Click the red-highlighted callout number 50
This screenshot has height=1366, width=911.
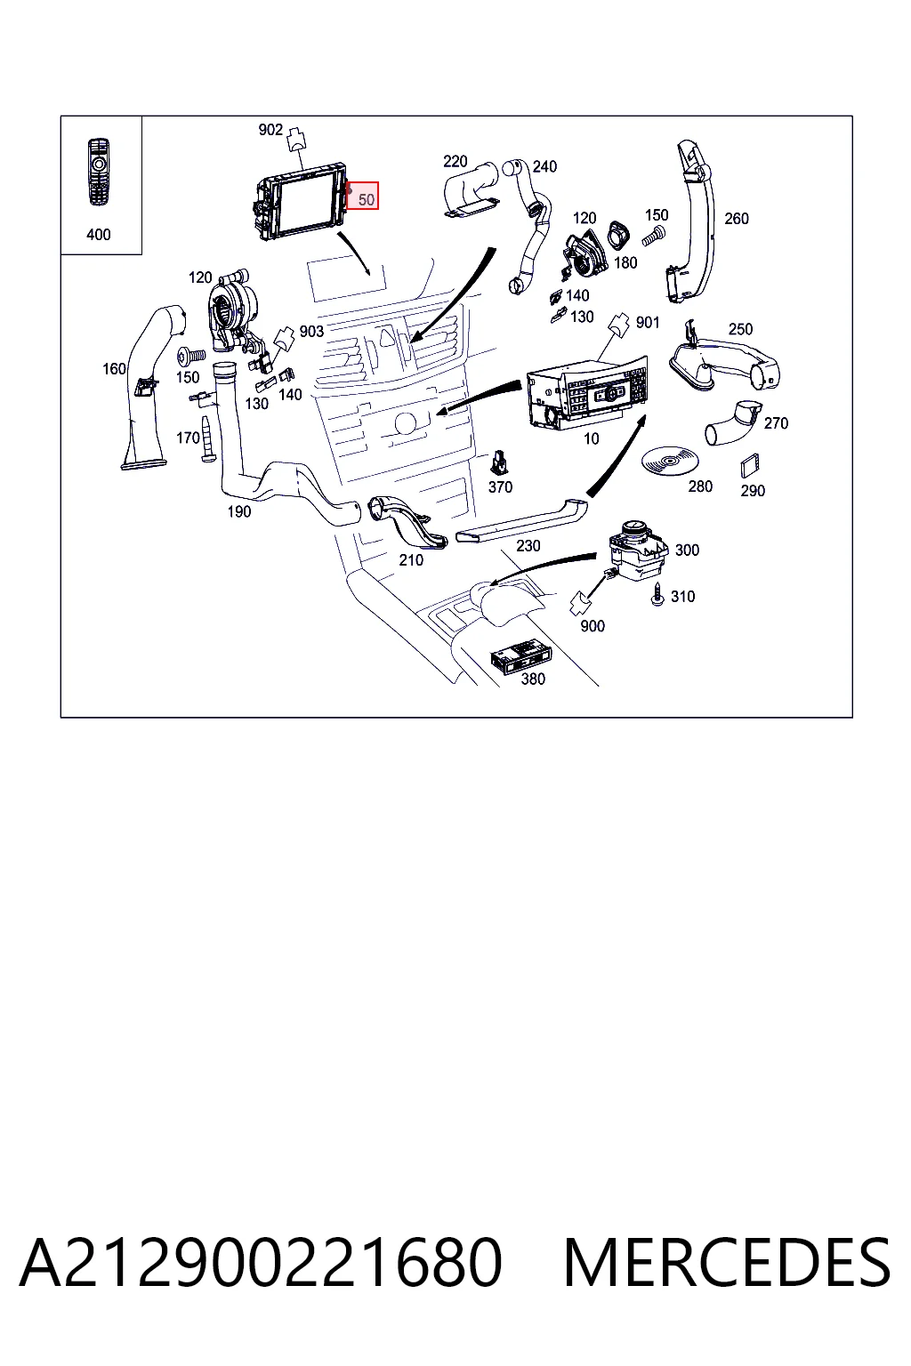click(x=367, y=199)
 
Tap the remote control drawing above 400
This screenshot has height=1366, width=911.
click(x=98, y=173)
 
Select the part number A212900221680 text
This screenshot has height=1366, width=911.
click(x=262, y=1262)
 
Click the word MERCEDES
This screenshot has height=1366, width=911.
click(x=727, y=1262)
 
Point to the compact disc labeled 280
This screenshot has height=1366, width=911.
click(x=670, y=461)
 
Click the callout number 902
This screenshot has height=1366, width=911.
click(x=271, y=130)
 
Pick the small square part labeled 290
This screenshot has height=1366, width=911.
click(x=750, y=466)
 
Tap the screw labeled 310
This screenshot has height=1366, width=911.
click(x=657, y=593)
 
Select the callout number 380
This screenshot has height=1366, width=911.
click(x=533, y=679)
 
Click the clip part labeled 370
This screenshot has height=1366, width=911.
click(x=500, y=462)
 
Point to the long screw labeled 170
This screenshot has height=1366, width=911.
click(x=206, y=439)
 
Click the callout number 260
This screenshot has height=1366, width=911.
click(x=737, y=218)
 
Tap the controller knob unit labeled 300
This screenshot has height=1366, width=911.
click(x=638, y=550)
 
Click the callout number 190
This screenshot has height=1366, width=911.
click(x=239, y=511)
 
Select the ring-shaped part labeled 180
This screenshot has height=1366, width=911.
click(x=617, y=236)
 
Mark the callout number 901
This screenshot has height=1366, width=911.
click(x=648, y=322)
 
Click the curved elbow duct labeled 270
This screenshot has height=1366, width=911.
click(x=732, y=422)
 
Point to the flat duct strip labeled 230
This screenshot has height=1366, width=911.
click(x=521, y=520)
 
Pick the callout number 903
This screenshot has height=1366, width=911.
click(x=311, y=331)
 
